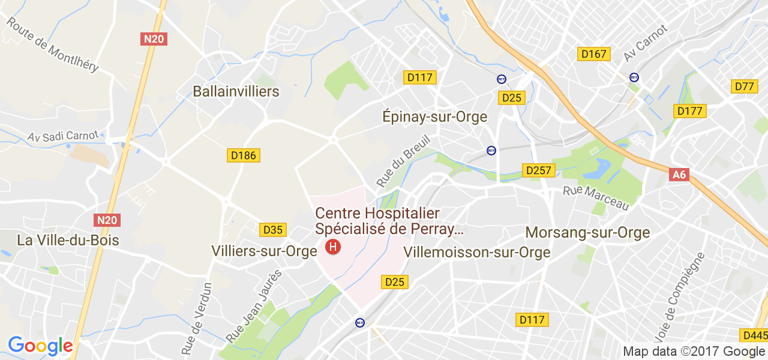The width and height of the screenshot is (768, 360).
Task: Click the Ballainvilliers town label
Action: [x=236, y=91]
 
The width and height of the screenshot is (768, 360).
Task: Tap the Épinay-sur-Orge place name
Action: [x=434, y=116]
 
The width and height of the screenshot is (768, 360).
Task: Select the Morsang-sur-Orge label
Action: [x=587, y=232]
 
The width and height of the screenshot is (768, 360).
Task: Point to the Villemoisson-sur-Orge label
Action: [x=477, y=252]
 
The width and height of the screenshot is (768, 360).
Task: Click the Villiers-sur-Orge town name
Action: [x=263, y=251]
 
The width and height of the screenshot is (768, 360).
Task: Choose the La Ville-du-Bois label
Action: [x=68, y=241]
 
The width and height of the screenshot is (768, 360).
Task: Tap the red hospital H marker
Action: [x=332, y=247]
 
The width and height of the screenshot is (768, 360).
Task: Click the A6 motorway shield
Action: [x=679, y=175]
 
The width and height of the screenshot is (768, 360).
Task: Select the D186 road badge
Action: [x=244, y=156]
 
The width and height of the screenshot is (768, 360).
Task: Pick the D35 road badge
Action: [x=274, y=230]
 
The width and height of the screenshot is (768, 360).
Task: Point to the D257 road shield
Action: [x=538, y=170]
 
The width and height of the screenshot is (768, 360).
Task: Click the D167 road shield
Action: [x=594, y=54]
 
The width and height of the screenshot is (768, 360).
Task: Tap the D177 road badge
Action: [x=691, y=111]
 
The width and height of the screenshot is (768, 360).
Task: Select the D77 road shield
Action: [x=744, y=86]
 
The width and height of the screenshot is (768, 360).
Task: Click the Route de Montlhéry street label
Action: [x=52, y=44]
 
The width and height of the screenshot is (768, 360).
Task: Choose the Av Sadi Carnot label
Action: [x=62, y=136]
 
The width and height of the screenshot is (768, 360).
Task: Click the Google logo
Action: [x=40, y=346]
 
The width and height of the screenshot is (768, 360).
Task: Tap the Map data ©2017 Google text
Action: [x=694, y=352]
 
